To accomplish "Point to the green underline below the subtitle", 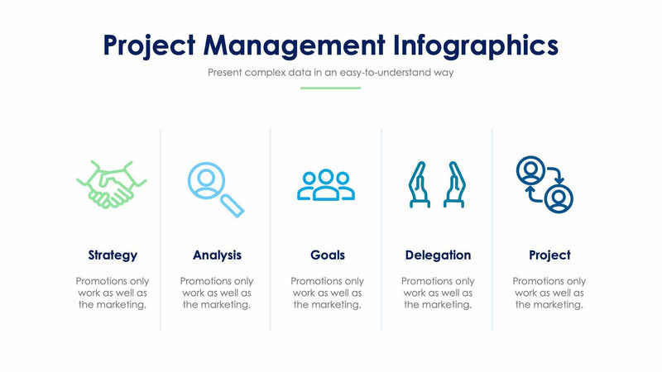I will click(x=330, y=88).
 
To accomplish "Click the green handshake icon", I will click(x=111, y=184).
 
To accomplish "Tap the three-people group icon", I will click(x=326, y=185).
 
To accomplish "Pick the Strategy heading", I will click(x=113, y=255).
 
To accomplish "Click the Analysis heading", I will click(x=217, y=255).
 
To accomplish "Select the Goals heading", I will click(x=328, y=255).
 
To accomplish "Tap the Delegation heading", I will click(x=438, y=255).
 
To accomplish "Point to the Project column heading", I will click(x=549, y=255).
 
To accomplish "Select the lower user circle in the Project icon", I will click(x=560, y=198).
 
